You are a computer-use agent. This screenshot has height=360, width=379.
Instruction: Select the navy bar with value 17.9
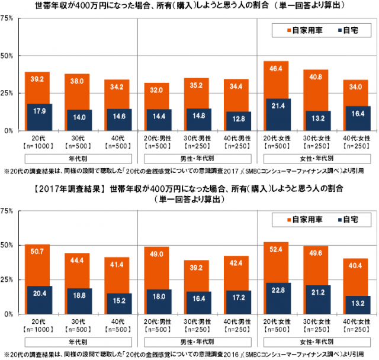(39, 117)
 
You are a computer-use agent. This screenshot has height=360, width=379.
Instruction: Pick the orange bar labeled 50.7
(37, 263)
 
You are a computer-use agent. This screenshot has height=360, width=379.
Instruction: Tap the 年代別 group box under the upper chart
(78, 158)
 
